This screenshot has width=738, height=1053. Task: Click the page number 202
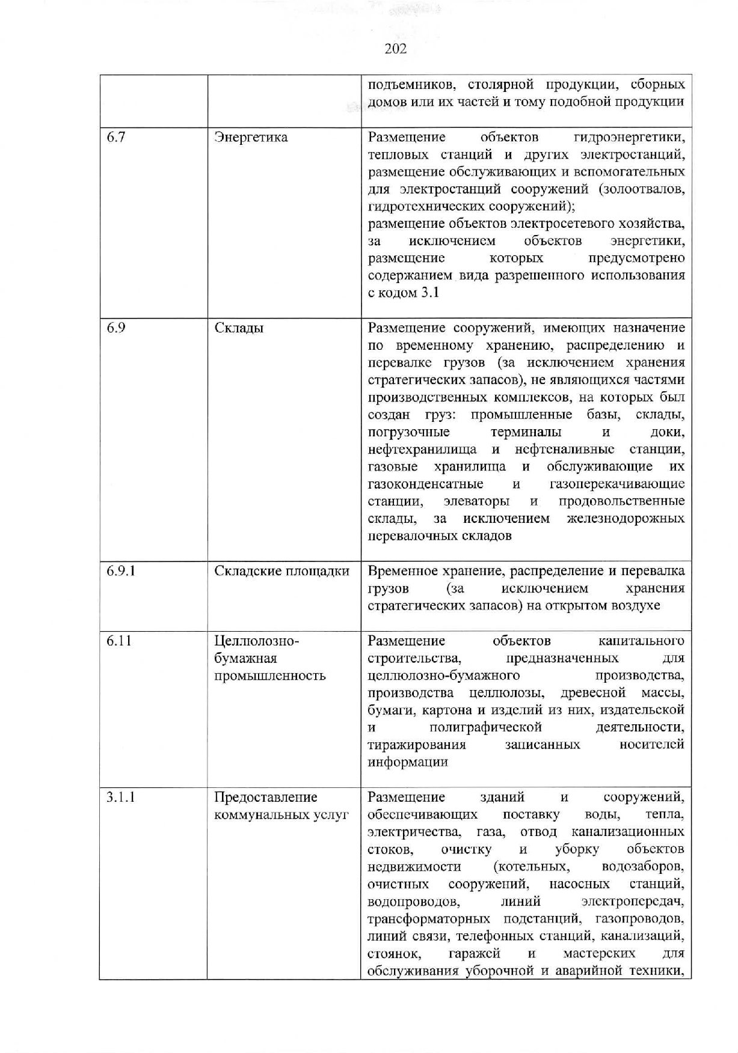point(395,49)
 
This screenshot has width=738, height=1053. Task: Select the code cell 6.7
point(116,137)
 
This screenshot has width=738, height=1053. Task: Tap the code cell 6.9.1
point(121,570)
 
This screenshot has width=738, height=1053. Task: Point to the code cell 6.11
point(118,641)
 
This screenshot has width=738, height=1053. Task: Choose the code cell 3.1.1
point(121,797)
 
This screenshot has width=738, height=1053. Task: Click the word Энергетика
point(251,137)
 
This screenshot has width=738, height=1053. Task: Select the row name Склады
point(239,328)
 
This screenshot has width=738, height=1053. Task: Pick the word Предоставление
point(266,797)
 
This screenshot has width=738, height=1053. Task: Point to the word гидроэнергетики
point(629,137)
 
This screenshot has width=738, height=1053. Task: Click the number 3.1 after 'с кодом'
point(430,293)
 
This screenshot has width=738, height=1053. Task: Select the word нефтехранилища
point(422,449)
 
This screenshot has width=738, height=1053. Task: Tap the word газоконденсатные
point(425,484)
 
